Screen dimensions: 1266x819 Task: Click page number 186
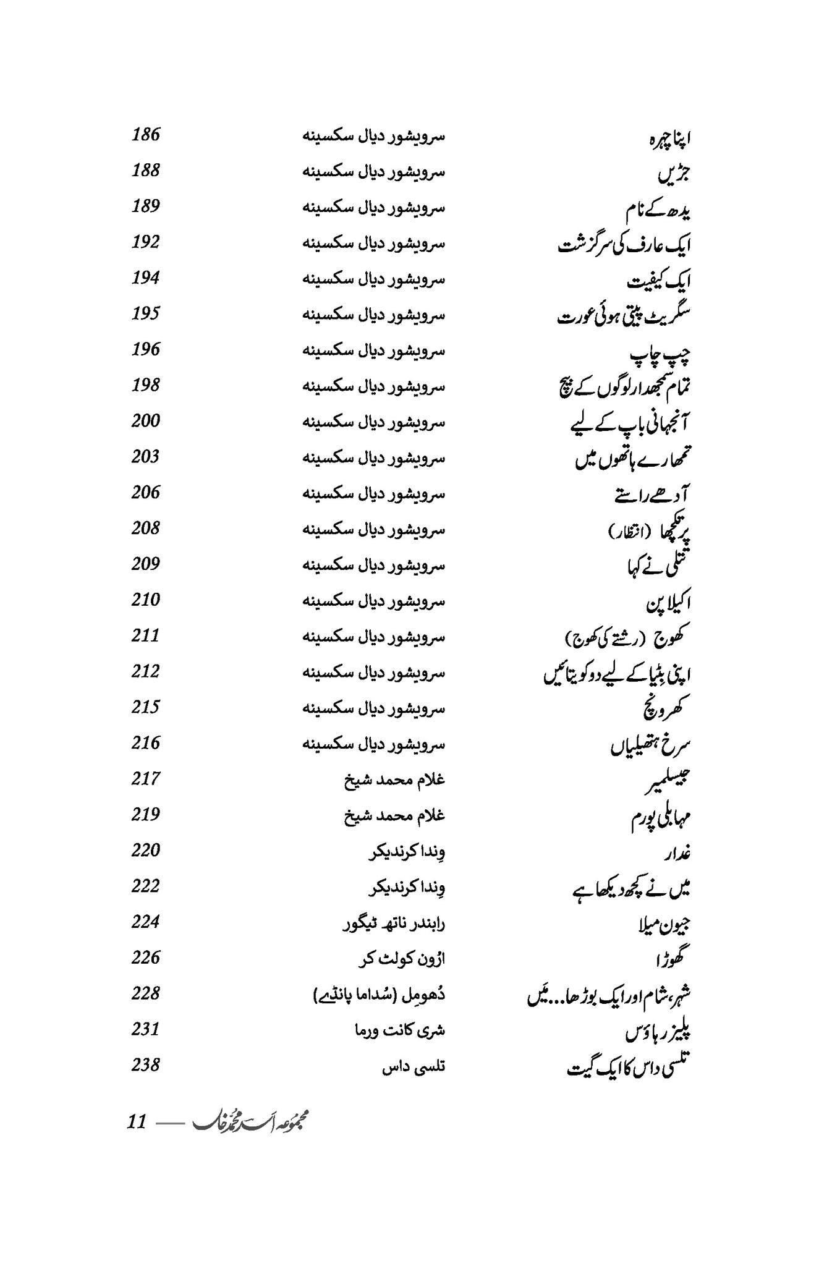click(145, 134)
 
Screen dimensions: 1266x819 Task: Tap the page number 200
click(145, 420)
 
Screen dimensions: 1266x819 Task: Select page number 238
click(145, 1064)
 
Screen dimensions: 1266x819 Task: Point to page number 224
click(145, 921)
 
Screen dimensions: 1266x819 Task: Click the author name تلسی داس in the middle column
click(414, 1066)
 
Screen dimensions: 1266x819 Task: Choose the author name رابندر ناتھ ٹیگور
click(394, 924)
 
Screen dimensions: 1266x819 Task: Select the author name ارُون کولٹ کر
click(402, 959)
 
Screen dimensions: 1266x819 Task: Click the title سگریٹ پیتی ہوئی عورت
click(624, 316)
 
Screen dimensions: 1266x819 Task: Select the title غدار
click(677, 853)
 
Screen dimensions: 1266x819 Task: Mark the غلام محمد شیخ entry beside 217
click(394, 780)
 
